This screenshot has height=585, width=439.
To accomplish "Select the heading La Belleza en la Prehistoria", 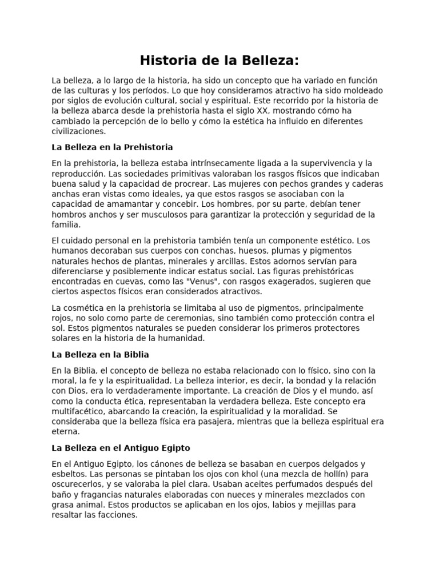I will pyautogui.click(x=112, y=147).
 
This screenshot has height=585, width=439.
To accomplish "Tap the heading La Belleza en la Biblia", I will pyautogui.click(x=100, y=354).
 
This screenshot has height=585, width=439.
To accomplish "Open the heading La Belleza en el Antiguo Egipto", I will pyautogui.click(x=121, y=447).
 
